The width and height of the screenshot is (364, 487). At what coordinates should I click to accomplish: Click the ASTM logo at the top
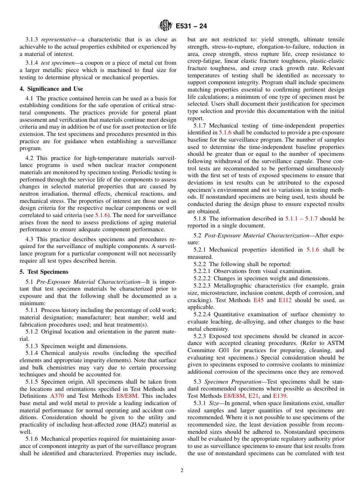pyautogui.click(x=166, y=26)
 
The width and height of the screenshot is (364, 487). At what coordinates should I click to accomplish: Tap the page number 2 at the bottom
pyautogui.click(x=182, y=471)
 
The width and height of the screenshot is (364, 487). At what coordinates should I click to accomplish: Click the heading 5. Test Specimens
pyautogui.click(x=44, y=272)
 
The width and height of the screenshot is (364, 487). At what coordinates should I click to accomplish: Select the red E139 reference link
pyautogui.click(x=280, y=396)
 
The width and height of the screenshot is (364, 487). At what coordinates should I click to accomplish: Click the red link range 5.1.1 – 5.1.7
pyautogui.click(x=302, y=219)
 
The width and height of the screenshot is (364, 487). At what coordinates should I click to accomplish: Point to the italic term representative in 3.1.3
pyautogui.click(x=58, y=40)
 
